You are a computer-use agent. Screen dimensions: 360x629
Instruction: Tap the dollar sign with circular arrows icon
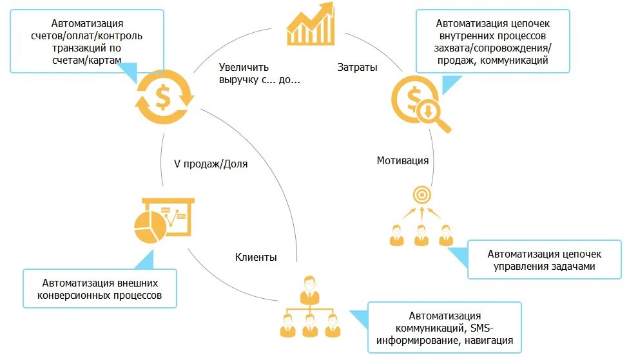click(x=163, y=97)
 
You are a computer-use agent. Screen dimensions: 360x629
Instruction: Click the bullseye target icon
click(x=421, y=193)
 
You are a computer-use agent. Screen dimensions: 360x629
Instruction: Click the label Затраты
click(x=358, y=67)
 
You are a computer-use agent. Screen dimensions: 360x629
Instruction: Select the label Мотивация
click(x=403, y=160)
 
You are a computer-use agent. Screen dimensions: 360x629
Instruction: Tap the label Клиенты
click(x=256, y=257)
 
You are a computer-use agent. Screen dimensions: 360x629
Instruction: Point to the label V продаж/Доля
click(x=211, y=164)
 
